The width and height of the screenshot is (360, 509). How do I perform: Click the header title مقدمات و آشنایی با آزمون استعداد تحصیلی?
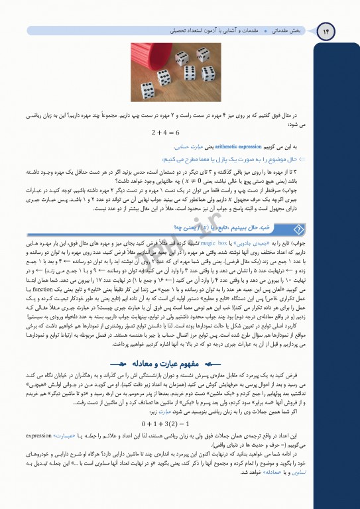pyautogui.click(x=217, y=31)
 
